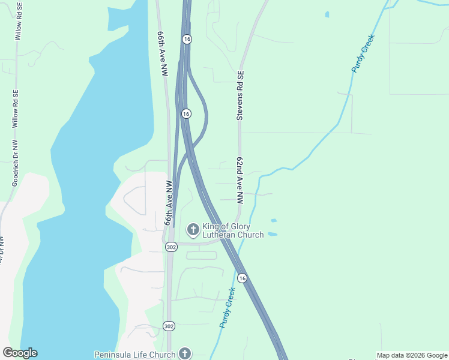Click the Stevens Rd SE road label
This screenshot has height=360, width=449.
[x=240, y=96]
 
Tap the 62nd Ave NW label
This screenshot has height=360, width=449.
[x=240, y=180]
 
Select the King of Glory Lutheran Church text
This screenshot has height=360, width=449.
[x=233, y=230]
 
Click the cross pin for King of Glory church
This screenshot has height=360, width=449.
[x=193, y=229]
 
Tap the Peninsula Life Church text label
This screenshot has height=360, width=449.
[x=135, y=354]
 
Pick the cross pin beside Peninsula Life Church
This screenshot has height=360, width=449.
[x=185, y=354]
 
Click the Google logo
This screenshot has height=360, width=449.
[x=20, y=353]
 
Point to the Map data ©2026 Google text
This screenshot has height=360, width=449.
[x=412, y=355]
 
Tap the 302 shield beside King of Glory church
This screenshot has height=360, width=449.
[x=172, y=247]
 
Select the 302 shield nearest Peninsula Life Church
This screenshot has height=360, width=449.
[x=169, y=325]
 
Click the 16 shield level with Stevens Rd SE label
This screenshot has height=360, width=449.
[x=186, y=113]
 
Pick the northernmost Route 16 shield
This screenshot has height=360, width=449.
[x=187, y=38]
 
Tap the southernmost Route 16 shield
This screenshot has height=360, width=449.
[x=242, y=278]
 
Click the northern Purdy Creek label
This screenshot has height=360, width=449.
[x=363, y=54]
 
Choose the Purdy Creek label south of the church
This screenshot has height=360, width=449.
[x=226, y=308]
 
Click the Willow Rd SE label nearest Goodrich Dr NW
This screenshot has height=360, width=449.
[x=16, y=108]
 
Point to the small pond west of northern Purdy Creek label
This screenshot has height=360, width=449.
[x=327, y=14]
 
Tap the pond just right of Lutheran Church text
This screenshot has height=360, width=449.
[x=273, y=233]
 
